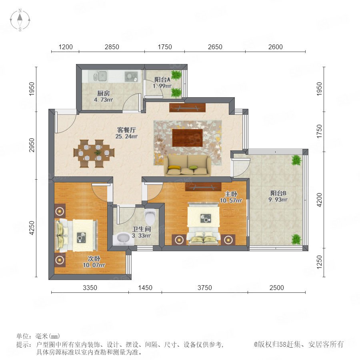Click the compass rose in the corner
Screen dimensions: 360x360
click(x=20, y=20)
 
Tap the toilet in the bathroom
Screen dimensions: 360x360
click(x=150, y=217)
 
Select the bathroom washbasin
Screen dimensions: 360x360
click(x=124, y=239)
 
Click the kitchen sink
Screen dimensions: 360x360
click(x=100, y=76)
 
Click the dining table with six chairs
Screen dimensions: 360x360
click(x=94, y=153)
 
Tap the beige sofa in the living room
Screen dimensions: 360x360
click(x=187, y=165)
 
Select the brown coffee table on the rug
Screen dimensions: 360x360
click(x=187, y=138)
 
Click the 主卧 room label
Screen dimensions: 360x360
click(x=231, y=194)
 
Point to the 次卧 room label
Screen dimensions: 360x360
click(x=94, y=258)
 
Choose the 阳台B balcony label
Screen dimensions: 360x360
click(x=278, y=193)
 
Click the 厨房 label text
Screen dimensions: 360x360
click(x=104, y=93)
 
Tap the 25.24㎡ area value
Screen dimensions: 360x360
click(x=126, y=136)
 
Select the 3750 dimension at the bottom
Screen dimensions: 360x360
click(x=205, y=288)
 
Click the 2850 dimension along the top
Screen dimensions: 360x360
click(x=112, y=47)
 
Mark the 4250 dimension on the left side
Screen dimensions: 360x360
click(x=32, y=228)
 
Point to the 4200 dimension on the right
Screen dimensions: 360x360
click(x=319, y=200)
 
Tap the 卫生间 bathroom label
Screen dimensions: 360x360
click(x=142, y=229)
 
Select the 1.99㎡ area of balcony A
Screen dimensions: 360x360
click(x=162, y=86)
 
